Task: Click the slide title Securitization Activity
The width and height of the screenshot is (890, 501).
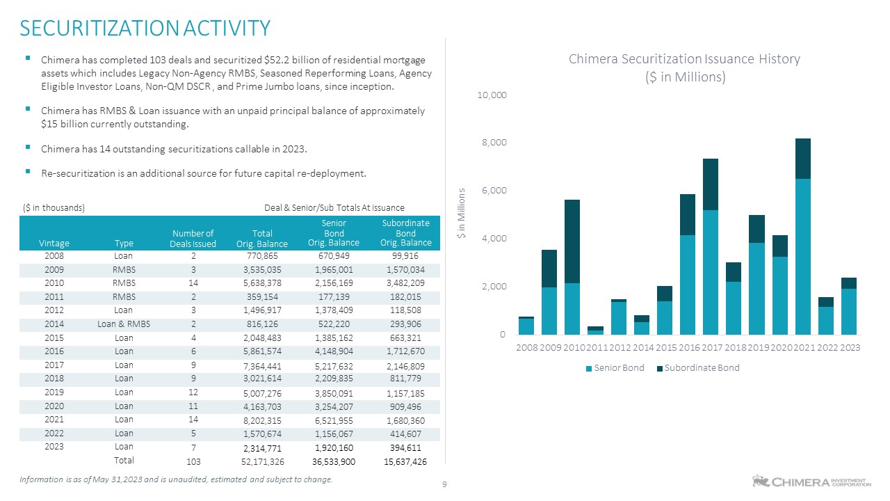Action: coord(145,28)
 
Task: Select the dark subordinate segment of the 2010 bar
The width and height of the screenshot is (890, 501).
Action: coord(573,241)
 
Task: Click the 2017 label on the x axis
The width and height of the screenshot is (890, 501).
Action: coord(711,347)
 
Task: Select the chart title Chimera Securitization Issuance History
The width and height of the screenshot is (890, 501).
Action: coord(684,59)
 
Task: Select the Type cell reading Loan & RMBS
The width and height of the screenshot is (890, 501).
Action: coord(124,324)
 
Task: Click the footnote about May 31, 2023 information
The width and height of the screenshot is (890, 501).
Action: coord(177,479)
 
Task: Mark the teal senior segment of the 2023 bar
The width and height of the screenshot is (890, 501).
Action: coord(849,311)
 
